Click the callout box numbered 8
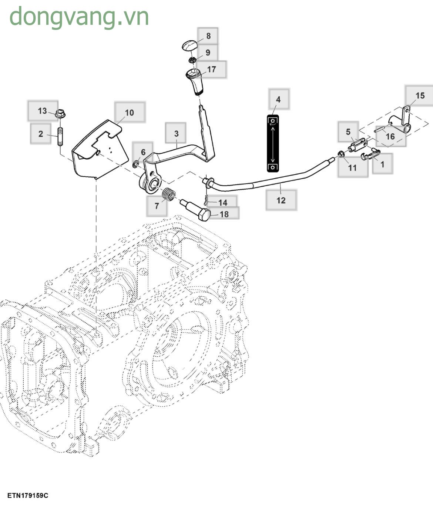point(208,36)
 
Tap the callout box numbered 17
point(211,69)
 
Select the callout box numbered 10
point(130,113)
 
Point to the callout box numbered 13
point(43,111)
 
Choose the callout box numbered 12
point(281,200)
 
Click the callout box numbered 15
point(420,96)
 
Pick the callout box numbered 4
point(278,99)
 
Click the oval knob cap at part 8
point(190,46)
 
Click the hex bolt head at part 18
point(204,214)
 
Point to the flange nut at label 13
point(60,114)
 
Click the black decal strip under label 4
point(273,144)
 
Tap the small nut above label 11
point(340,153)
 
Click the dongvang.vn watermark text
point(79,16)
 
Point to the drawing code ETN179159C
point(28,496)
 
